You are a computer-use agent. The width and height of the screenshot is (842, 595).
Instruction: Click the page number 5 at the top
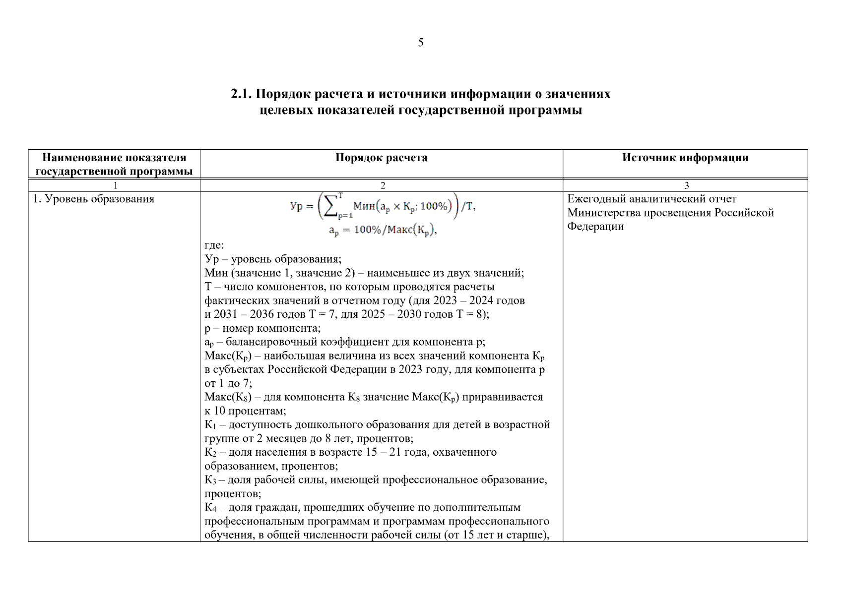pos(420,43)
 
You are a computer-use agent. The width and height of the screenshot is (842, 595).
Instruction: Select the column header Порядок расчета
pos(381,158)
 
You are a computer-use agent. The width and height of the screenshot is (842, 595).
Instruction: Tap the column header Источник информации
pos(685,158)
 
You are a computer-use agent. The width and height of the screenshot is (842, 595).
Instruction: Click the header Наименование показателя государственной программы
pos(114,165)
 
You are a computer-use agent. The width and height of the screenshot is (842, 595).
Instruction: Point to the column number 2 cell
pos(382,185)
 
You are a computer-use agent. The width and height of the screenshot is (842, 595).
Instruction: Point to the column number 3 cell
pos(687,185)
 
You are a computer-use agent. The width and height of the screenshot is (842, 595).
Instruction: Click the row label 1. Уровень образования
pos(94,199)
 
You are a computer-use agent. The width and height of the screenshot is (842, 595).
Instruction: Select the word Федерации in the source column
pos(595,227)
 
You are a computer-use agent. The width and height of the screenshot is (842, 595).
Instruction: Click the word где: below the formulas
pos(214,245)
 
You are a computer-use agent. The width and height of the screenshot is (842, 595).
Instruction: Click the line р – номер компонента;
pos(262,328)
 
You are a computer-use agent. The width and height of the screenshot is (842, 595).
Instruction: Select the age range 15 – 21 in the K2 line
pos(384,452)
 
